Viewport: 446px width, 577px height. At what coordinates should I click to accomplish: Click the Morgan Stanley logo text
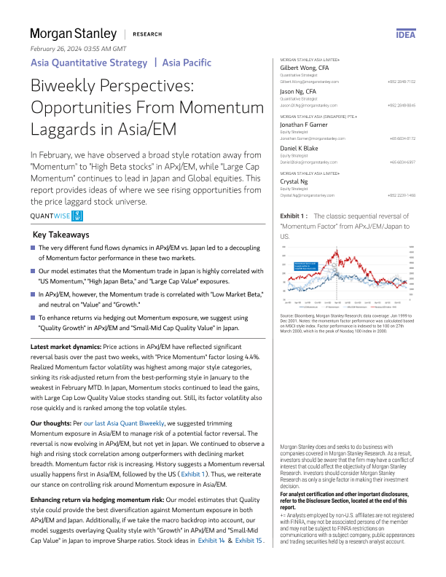click(x=73, y=34)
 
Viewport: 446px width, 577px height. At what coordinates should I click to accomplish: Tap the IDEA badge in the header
click(x=405, y=34)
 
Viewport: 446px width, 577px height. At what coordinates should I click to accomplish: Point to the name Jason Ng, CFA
click(x=300, y=91)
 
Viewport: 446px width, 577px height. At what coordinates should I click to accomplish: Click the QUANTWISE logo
click(x=58, y=216)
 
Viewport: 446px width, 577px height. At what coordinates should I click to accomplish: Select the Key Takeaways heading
click(x=62, y=235)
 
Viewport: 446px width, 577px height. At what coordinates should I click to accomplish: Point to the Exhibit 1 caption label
click(x=294, y=216)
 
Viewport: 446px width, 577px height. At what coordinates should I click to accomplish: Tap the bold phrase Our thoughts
click(x=52, y=423)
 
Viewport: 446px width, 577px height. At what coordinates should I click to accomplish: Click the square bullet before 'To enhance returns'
click(x=33, y=318)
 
